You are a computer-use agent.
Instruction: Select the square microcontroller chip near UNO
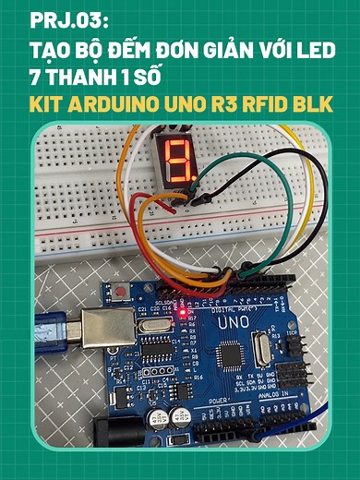pos(228,354)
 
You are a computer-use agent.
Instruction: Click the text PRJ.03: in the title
pos(55,19)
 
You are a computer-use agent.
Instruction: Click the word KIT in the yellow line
pos(50,103)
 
